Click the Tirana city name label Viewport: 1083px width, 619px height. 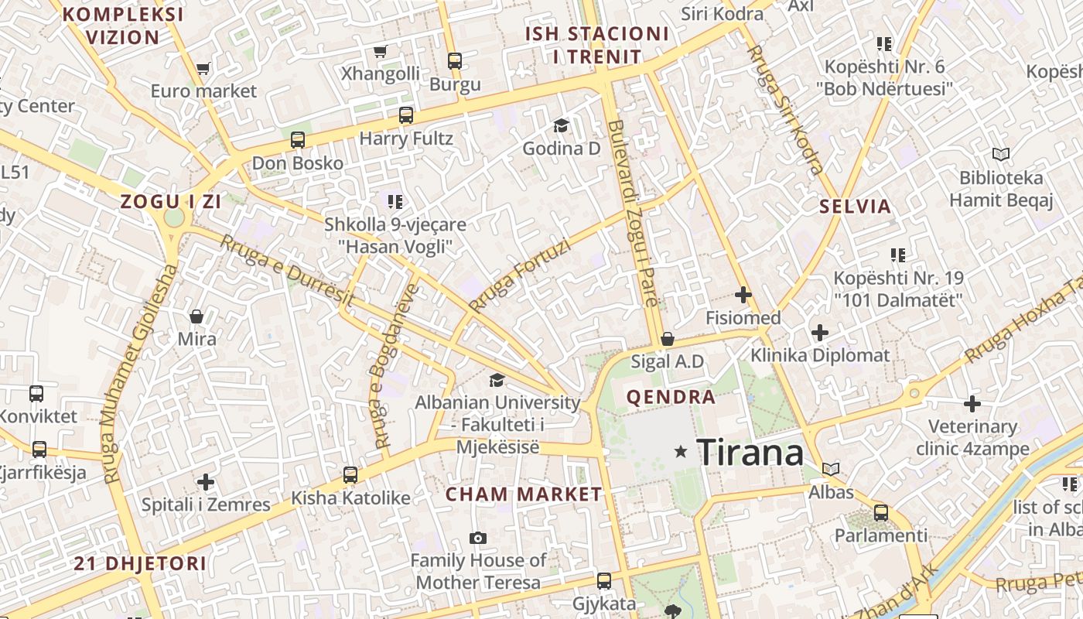click(750, 452)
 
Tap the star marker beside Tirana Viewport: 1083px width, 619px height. click(681, 451)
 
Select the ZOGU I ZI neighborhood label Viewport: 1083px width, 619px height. click(171, 202)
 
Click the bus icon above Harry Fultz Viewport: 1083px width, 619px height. click(406, 116)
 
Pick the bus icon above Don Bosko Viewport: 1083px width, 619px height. click(298, 140)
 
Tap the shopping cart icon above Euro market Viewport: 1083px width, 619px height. click(203, 69)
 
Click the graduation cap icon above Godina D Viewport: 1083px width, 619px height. click(561, 125)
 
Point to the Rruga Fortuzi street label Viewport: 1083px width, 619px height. click(519, 276)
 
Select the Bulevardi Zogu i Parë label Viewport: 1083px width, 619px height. click(634, 214)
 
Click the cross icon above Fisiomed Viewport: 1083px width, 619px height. click(743, 295)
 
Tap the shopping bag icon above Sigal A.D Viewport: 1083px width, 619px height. click(668, 339)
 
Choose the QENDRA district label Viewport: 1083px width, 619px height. click(671, 398)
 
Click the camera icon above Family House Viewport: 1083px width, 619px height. click(478, 538)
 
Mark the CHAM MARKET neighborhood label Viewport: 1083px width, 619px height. click(524, 494)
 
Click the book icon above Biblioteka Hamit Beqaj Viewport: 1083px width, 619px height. click(1001, 155)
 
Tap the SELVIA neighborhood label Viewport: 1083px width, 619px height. click(856, 207)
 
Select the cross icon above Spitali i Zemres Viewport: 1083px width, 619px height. click(206, 482)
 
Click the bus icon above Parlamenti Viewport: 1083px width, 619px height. click(880, 512)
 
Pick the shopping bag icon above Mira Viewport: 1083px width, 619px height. click(196, 316)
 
